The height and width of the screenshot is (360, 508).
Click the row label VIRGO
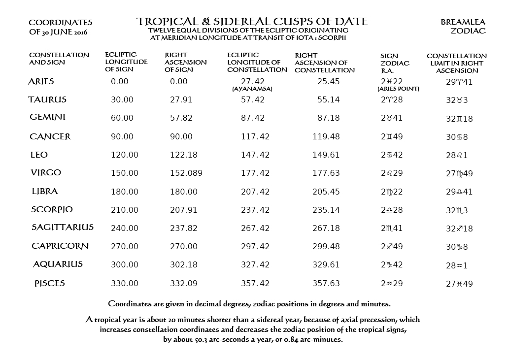coord(45,173)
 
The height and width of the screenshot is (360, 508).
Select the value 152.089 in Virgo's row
coord(183,173)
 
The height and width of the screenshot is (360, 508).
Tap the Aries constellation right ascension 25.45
coord(328,82)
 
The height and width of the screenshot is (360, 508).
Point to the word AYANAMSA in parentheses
coord(252,89)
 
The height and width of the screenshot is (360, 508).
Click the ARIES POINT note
coord(398,89)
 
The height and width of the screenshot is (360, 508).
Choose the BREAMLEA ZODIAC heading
coord(463,27)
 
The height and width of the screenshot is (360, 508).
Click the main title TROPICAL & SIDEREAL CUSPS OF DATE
coord(252,22)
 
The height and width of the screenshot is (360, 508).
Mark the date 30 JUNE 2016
coord(61,32)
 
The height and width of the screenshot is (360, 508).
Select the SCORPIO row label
coord(52,209)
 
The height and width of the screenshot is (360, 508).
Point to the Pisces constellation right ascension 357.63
coord(326,283)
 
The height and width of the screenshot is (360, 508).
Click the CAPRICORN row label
coord(60,246)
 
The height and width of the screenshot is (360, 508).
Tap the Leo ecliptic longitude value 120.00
coord(125,155)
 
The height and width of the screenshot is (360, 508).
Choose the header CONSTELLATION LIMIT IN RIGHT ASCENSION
coord(456,63)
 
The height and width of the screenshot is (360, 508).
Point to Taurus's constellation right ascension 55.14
coord(328,100)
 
